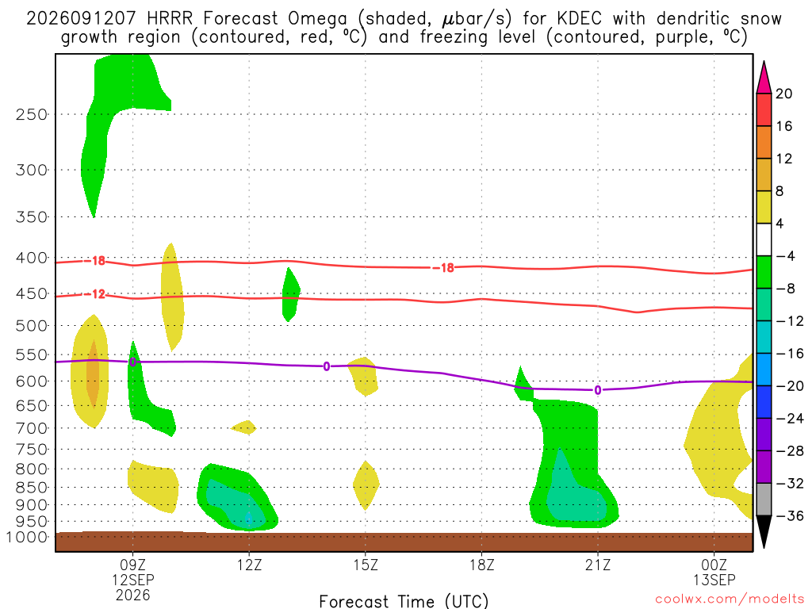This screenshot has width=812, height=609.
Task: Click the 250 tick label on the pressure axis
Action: (32, 114)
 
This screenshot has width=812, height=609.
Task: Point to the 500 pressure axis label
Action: (32, 326)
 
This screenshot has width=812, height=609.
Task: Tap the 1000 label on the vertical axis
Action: (26, 537)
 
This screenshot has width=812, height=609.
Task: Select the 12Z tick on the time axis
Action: (250, 565)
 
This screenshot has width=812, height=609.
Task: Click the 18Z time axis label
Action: (482, 565)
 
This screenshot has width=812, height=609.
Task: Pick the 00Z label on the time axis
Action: (714, 565)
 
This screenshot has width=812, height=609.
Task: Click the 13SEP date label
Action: (714, 580)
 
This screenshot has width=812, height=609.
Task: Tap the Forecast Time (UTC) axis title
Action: (404, 601)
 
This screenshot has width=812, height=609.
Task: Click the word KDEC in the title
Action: (580, 19)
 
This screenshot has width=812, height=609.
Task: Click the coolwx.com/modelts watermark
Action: (730, 599)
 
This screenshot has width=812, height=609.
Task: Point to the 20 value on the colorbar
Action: (784, 94)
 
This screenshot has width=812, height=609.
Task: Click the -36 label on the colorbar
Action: (789, 515)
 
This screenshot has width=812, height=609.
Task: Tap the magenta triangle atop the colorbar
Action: (764, 78)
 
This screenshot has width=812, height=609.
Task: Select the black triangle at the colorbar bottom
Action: (764, 531)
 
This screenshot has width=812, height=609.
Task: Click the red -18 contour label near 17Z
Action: (443, 268)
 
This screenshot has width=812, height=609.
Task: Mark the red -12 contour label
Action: (95, 294)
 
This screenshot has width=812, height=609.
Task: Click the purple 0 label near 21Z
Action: (598, 390)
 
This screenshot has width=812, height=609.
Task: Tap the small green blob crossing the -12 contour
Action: (290, 295)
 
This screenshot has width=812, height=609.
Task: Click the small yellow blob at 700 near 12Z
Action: (243, 427)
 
